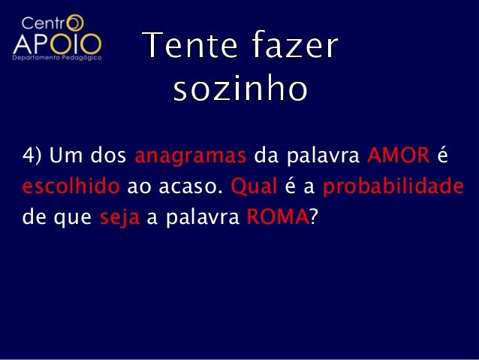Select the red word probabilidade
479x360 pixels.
(x=391, y=186)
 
